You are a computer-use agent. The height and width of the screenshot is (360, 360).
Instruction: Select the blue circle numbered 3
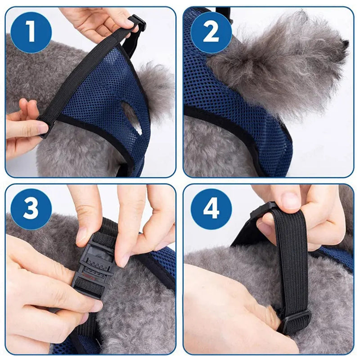pyautogui.click(x=31, y=208)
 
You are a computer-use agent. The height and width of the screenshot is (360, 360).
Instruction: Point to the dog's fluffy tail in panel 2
pyautogui.click(x=279, y=63)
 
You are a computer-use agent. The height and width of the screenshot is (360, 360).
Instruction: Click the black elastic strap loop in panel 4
pyautogui.click(x=288, y=261)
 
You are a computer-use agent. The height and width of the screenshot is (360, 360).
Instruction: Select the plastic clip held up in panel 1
pyautogui.click(x=136, y=22)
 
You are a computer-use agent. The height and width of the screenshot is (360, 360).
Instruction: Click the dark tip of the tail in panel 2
pyautogui.click(x=345, y=44)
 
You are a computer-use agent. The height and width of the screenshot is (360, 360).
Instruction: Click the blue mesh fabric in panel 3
pyautogui.click(x=164, y=265)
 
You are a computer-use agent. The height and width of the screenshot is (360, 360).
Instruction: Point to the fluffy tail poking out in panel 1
pyautogui.click(x=157, y=85)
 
